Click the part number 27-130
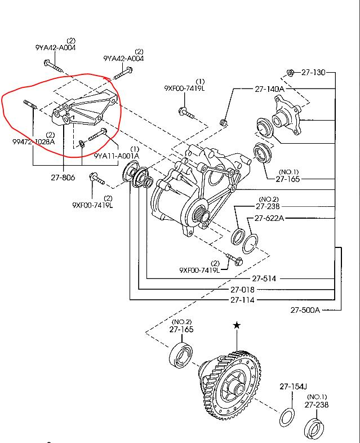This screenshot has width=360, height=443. pyautogui.click(x=313, y=72)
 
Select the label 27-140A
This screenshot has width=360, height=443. pyautogui.click(x=269, y=89)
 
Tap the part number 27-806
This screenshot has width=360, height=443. pyautogui.click(x=63, y=178)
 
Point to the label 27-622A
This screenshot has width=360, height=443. pyautogui.click(x=269, y=218)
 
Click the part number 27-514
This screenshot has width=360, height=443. pyautogui.click(x=264, y=278)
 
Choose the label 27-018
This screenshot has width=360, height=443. pyautogui.click(x=242, y=290)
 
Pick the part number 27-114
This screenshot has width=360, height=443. pyautogui.click(x=242, y=300)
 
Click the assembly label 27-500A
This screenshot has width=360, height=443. pyautogui.click(x=305, y=310)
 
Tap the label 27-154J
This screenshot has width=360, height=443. pyautogui.click(x=293, y=386)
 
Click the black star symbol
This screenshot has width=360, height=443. pyautogui.click(x=237, y=325)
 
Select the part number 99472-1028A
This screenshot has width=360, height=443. pyautogui.click(x=34, y=141)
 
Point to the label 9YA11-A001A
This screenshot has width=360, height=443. pyautogui.click(x=117, y=156)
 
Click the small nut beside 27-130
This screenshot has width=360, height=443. pyautogui.click(x=290, y=73)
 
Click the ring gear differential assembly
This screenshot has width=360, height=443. pyautogui.click(x=229, y=385)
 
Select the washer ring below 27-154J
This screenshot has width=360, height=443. pyautogui.click(x=287, y=417)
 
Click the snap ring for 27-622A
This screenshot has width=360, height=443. pyautogui.click(x=250, y=244)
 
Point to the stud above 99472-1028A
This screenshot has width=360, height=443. pyautogui.click(x=30, y=104)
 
